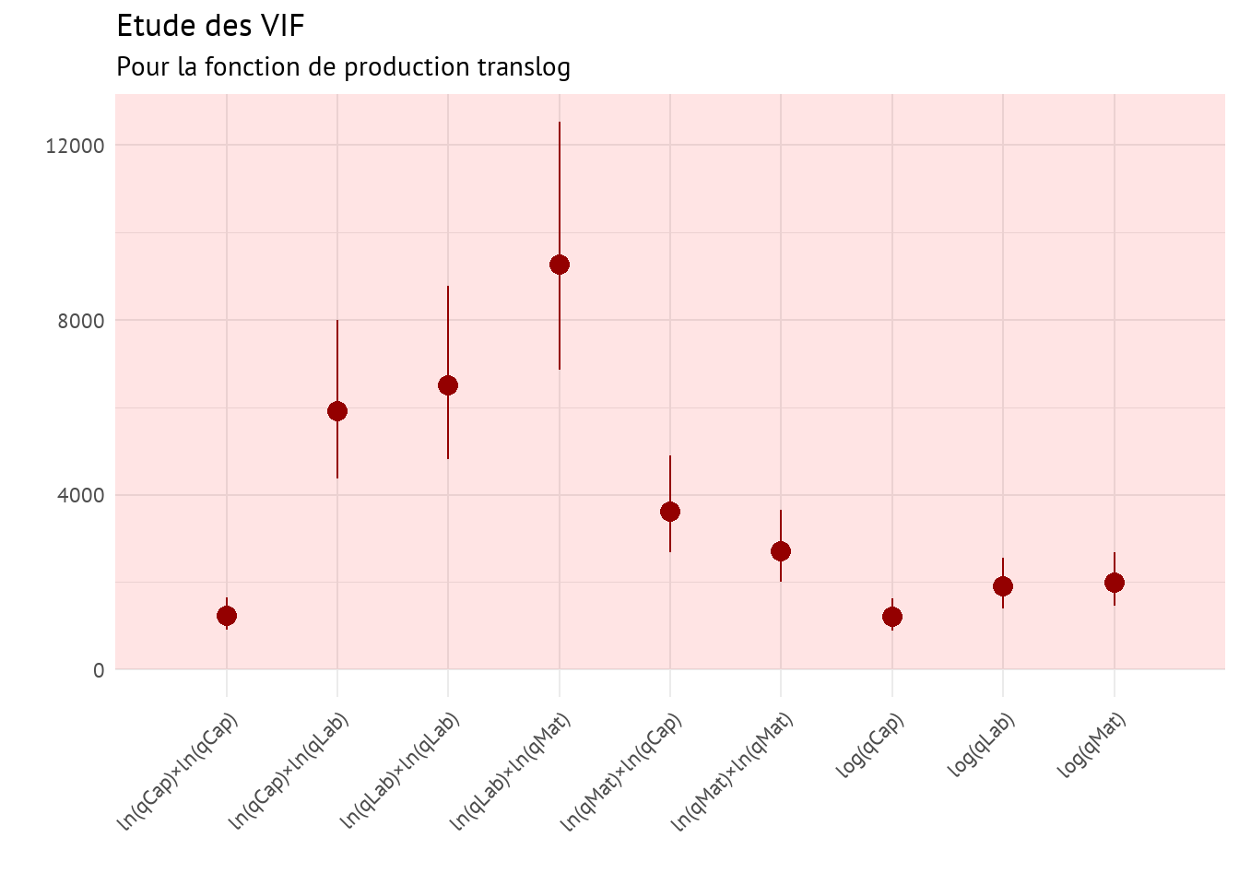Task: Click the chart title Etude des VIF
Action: pos(210,26)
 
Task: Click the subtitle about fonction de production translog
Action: pos(343,67)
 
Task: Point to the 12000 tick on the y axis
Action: pos(75,146)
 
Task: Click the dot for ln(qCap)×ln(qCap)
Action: pos(227,616)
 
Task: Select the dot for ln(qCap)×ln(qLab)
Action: pos(337,411)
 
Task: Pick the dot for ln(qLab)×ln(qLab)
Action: pos(448,385)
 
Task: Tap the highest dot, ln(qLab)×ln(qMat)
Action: pos(560,265)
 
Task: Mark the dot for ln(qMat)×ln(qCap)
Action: pos(670,512)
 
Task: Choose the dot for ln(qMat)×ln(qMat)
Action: pos(781,551)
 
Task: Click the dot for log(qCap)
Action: pos(892,617)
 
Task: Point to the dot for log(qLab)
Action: pos(1003,586)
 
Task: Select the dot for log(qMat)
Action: pos(1115,583)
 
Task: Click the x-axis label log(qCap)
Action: pos(870,746)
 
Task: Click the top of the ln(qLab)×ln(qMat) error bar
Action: pos(560,123)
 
